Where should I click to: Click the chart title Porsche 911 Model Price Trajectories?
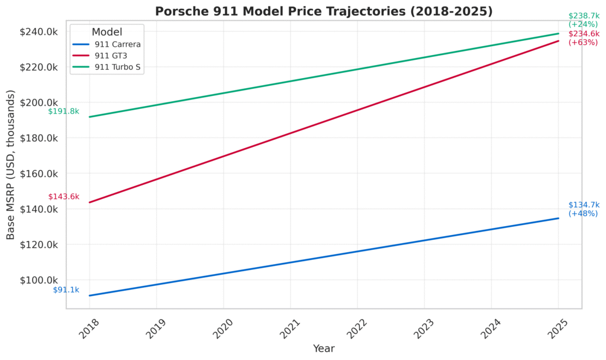pos(324,11)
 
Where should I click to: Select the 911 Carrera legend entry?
pos(117,44)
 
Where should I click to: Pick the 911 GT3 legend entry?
pos(111,55)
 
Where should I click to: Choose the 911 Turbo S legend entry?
pos(117,67)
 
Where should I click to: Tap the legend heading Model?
pos(107,31)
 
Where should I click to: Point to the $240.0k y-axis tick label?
pos(39,31)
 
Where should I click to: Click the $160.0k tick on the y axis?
pos(39,173)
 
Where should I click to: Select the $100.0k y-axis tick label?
pos(39,280)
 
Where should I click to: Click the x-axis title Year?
pos(324,349)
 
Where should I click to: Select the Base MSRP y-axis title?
pos(11,165)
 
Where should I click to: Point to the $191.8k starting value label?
pos(63,111)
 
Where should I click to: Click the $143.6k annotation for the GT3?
pos(63,197)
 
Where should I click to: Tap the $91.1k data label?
pos(66,290)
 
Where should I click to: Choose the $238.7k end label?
pos(583,16)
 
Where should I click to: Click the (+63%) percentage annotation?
pos(583,42)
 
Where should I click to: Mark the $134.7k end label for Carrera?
pos(583,205)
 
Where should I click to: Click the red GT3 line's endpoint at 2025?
pos(558,41)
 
